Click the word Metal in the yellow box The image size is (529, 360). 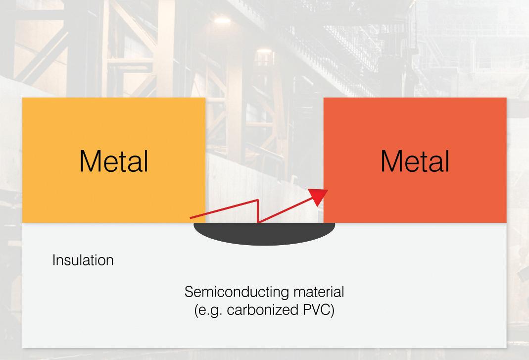point(113,161)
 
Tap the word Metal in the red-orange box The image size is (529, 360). point(415,161)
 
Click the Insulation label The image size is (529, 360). point(83,260)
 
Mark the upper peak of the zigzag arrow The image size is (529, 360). point(258,200)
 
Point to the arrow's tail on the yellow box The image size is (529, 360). point(191,217)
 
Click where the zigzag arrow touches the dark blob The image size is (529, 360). point(258,223)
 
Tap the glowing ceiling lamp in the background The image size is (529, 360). point(223,19)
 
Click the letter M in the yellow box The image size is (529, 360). point(89,161)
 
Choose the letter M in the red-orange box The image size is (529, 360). point(390,161)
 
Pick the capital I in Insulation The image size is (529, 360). point(54,260)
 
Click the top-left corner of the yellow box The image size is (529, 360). point(23,98)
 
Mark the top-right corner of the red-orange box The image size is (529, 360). point(506,98)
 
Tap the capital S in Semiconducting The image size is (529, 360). point(189,292)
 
